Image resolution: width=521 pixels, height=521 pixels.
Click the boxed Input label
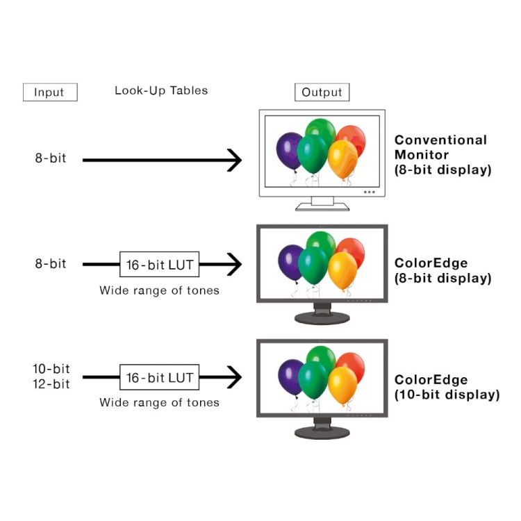50,92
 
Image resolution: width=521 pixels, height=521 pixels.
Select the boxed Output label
322,92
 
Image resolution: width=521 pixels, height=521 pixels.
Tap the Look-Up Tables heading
161,90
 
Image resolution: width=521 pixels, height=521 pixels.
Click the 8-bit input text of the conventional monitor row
51,158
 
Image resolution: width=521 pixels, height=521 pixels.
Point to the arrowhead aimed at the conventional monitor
235,160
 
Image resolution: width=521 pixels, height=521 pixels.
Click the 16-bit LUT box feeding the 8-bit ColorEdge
160,265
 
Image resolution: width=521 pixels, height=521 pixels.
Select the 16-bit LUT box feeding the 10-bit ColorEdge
160,377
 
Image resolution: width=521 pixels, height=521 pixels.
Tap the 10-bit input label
51,368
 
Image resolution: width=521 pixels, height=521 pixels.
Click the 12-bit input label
51,383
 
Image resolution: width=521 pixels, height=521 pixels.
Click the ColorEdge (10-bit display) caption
447,387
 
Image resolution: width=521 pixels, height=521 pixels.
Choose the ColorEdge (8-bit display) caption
443,270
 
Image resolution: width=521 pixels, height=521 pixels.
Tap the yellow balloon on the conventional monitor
342,158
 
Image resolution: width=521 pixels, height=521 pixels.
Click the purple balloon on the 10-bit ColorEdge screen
291,377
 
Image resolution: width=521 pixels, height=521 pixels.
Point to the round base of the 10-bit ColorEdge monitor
322,433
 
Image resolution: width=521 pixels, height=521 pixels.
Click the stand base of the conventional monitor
322,207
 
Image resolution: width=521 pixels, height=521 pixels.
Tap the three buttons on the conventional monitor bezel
369,192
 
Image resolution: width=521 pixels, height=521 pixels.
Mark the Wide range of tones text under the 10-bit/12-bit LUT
160,403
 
